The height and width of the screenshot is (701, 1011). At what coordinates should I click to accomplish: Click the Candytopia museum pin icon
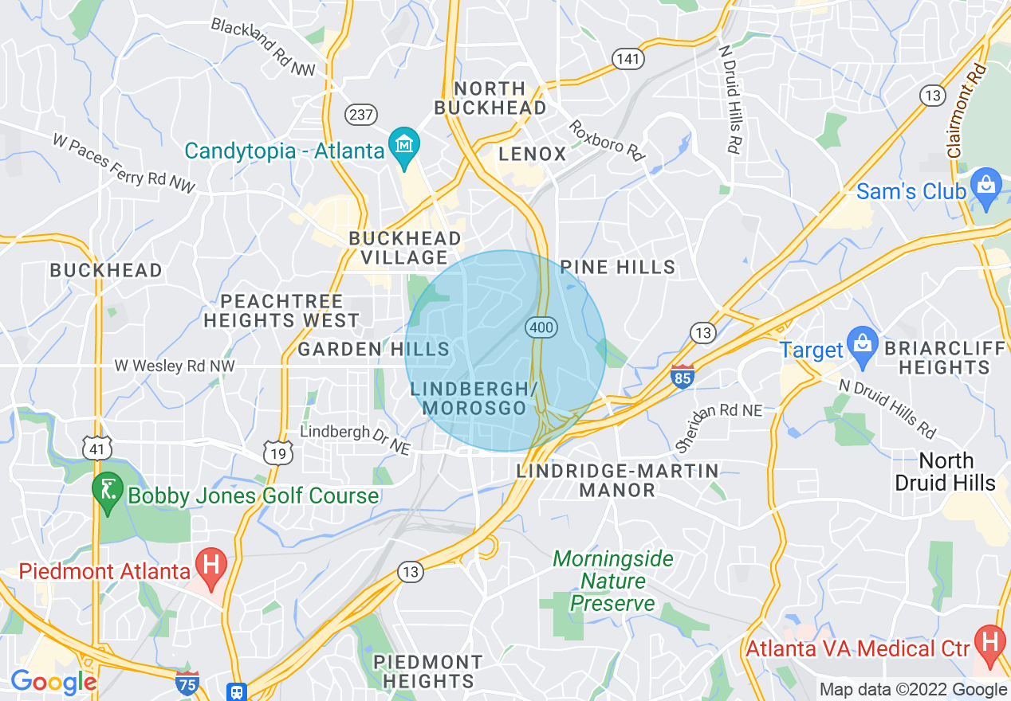pos(404,146)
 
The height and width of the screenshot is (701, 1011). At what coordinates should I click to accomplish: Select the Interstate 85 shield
pos(683,377)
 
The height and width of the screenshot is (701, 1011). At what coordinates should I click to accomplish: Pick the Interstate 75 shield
pos(187,683)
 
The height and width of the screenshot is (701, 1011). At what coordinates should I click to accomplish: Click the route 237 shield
pos(360,115)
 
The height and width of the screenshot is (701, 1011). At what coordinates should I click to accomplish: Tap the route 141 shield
pos(628,58)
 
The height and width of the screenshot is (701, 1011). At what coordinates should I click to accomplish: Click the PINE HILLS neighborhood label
pos(618,267)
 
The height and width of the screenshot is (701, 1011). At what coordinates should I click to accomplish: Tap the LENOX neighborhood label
pos(532,154)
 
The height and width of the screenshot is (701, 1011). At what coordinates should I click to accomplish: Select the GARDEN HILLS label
pos(374,349)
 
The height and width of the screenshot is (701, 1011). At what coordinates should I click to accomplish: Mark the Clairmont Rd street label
pos(966,110)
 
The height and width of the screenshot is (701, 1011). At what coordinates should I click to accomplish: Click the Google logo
pos(53,682)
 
